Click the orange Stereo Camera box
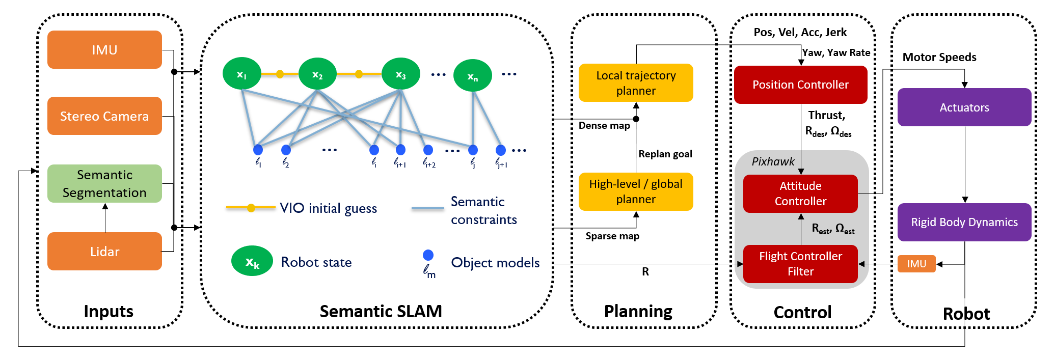[104, 116]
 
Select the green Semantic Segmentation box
[104, 184]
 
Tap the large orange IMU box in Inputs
[104, 49]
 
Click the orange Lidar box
[104, 252]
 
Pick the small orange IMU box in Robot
[916, 264]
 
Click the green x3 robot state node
[401, 74]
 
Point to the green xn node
[473, 76]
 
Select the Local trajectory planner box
[636, 83]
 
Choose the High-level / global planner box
[636, 191]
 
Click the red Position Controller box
[800, 85]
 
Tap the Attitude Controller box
[800, 193]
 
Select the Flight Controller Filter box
[800, 264]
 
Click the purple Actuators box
[964, 107]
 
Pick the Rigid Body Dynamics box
[964, 222]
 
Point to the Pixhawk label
[773, 161]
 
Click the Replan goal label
[665, 154]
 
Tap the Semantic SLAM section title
[381, 311]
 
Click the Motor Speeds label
[939, 57]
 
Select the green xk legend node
[252, 261]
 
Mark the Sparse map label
[612, 236]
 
